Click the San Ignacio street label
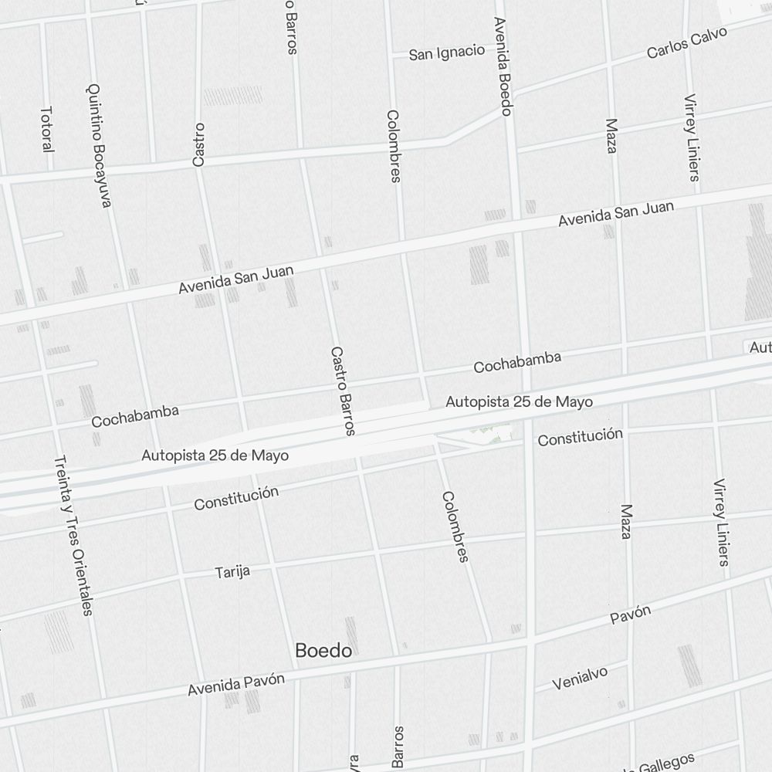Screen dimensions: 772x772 coord(447,53)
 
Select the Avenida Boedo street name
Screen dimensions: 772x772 coord(503,66)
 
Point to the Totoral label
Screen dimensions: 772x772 coord(47,129)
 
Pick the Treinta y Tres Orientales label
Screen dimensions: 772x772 coord(75,536)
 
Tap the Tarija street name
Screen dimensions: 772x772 coord(232,572)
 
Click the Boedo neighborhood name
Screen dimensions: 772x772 coord(323,651)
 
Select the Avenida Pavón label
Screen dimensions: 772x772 coord(236,684)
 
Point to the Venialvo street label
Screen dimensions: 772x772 coord(580,679)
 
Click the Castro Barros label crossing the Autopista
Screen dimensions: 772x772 coord(344,390)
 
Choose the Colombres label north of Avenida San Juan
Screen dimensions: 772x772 coord(394,146)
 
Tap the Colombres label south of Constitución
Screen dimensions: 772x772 coord(455,527)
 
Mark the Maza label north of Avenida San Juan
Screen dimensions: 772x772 coord(611,136)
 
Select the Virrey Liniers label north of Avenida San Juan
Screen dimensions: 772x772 coord(692,137)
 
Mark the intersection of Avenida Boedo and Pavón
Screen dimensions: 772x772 coord(530,641)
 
